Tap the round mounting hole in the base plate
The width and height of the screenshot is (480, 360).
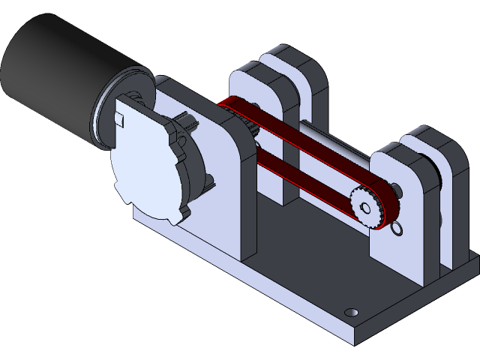pos(349,311)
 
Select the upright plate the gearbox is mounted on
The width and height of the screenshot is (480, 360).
pos(225,187)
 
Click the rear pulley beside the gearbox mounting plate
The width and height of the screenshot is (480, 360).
pos(240,120)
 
